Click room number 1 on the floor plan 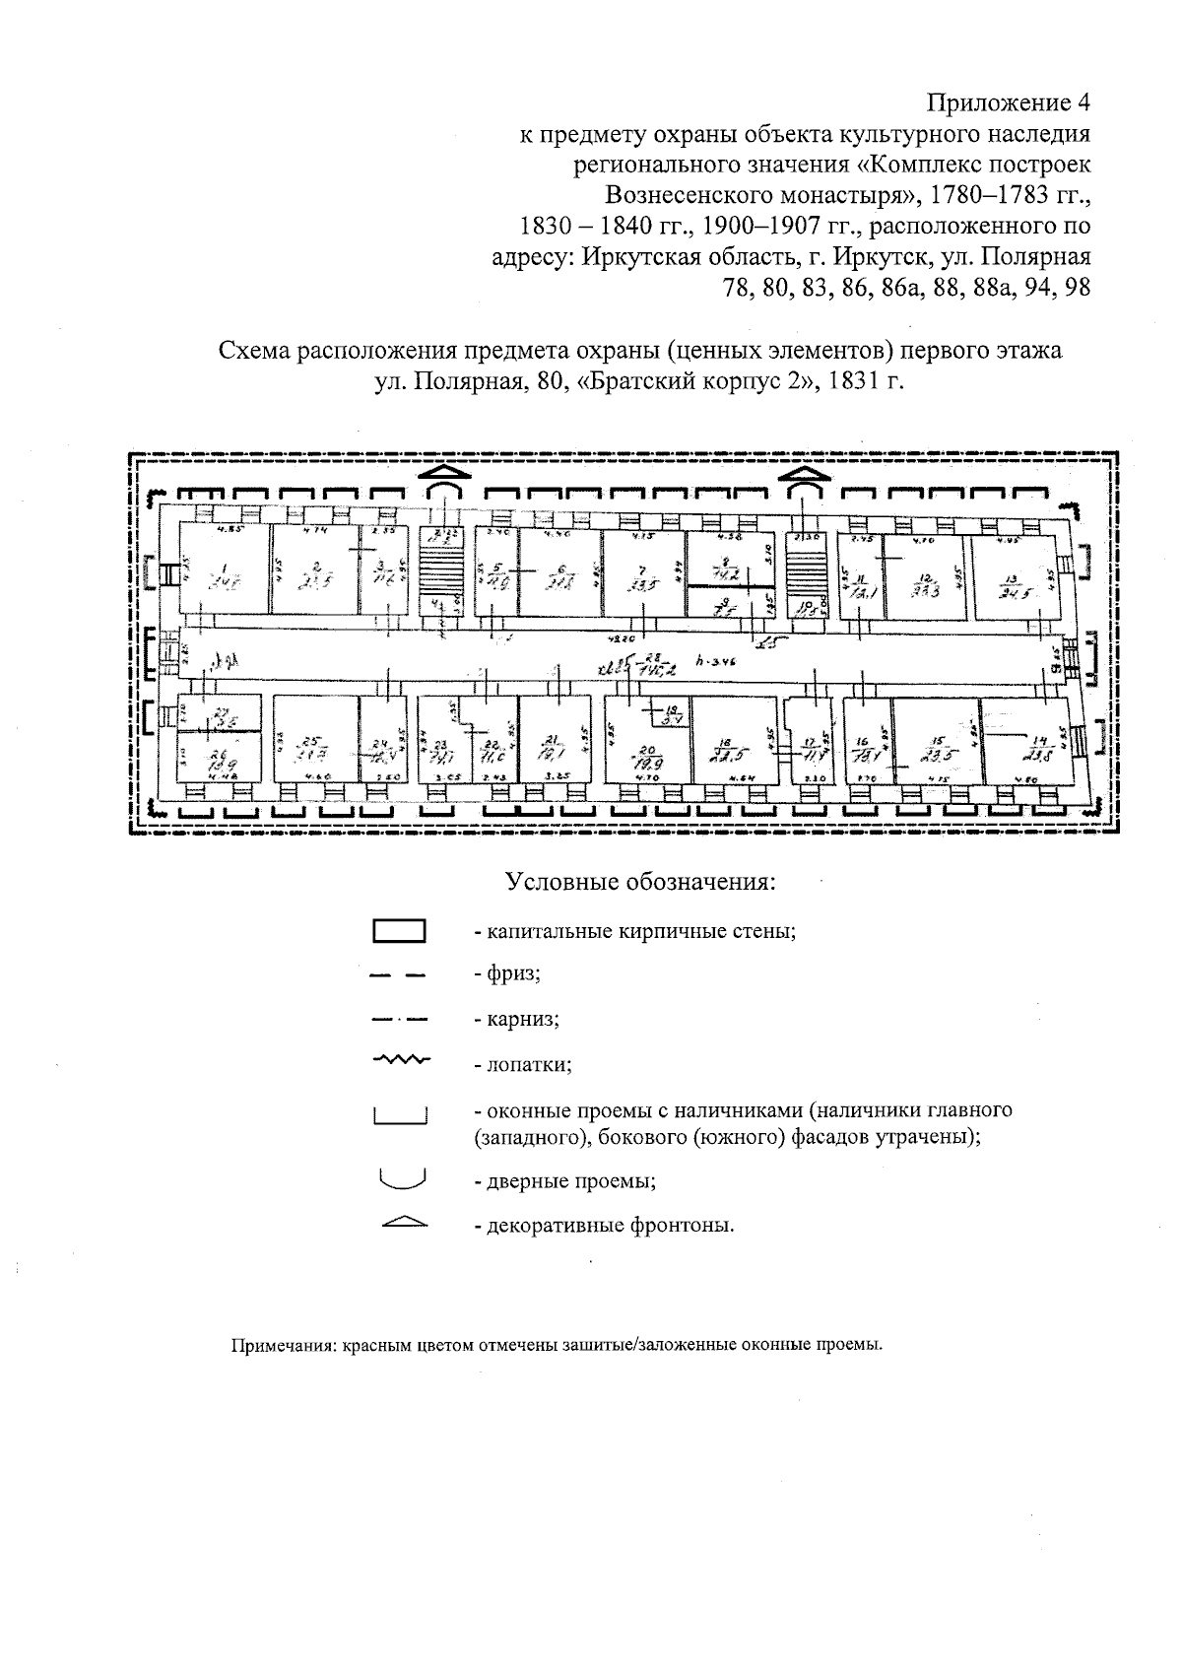click(x=224, y=573)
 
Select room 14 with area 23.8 click(x=1034, y=746)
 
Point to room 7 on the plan click(x=642, y=576)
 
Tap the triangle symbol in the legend click(x=399, y=1223)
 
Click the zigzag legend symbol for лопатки click(x=399, y=1060)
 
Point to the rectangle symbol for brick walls click(x=399, y=930)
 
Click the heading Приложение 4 click(x=1009, y=102)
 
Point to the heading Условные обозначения click(x=640, y=881)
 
